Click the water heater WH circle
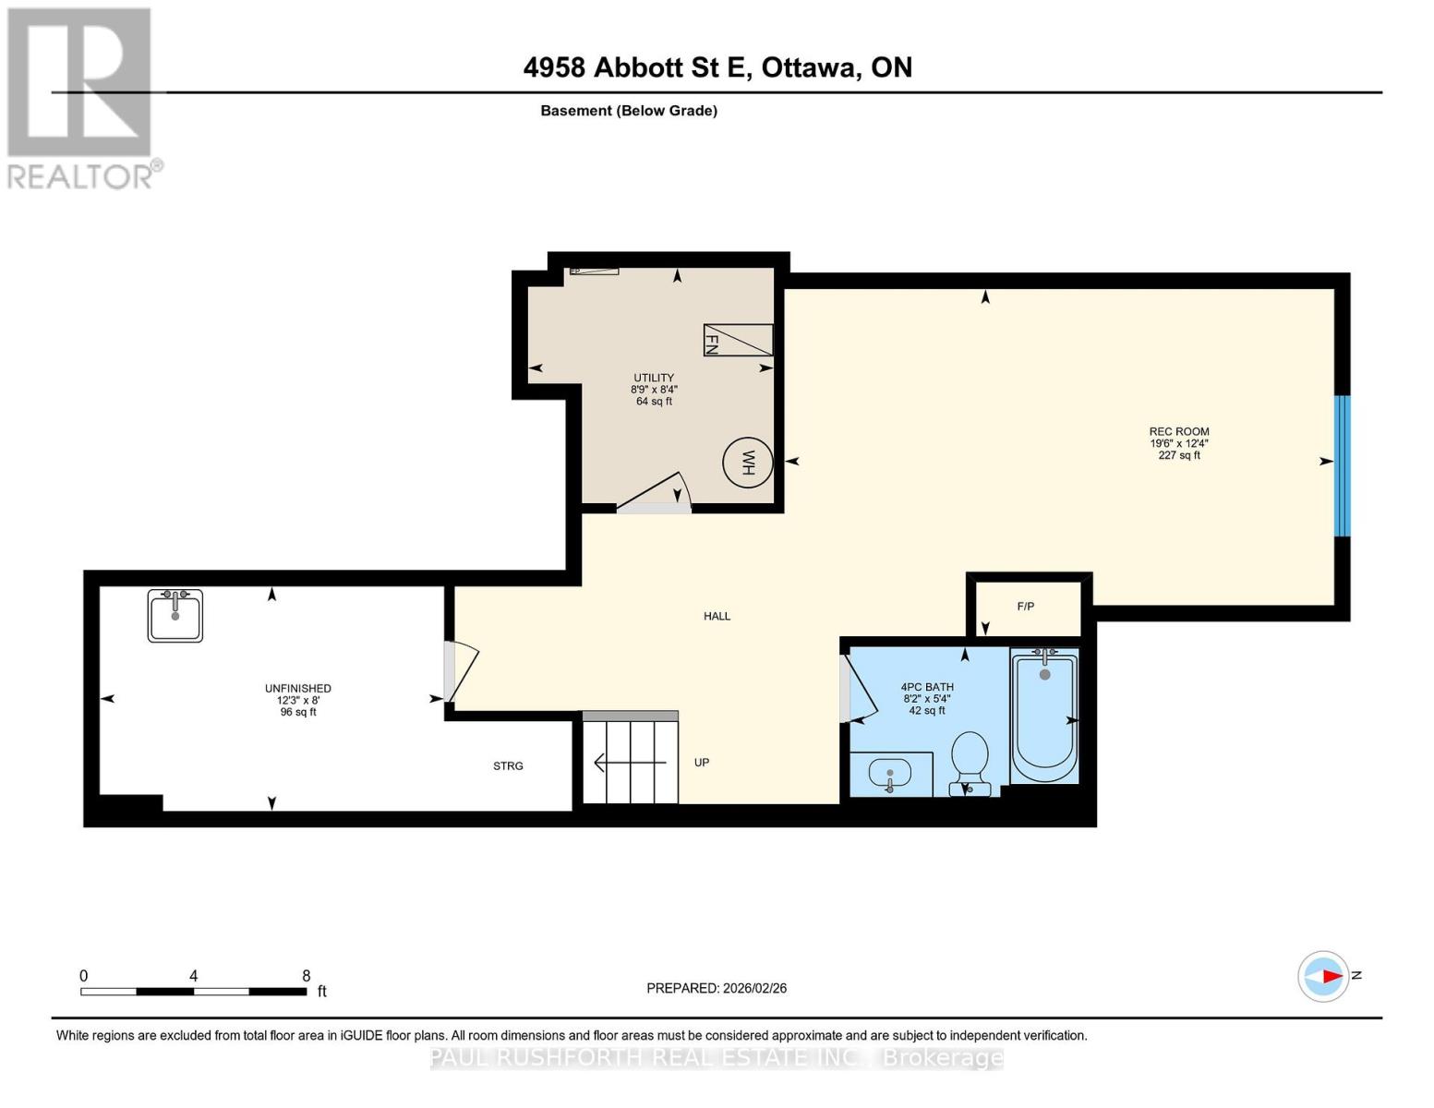coord(747,463)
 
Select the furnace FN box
coord(738,340)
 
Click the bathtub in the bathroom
coord(1044,715)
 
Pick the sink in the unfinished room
coord(175,615)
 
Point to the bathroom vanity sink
coord(890,774)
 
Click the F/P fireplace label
coord(1025,607)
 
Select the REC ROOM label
coord(1178,431)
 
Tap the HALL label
coord(717,616)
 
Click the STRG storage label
coord(508,766)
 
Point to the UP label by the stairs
coord(702,763)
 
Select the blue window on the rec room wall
coord(1342,465)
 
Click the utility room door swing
coord(656,495)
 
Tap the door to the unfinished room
coord(460,671)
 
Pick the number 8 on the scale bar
coord(307,976)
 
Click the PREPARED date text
coord(717,988)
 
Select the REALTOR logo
coord(81,97)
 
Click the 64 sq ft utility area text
coord(654,402)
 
